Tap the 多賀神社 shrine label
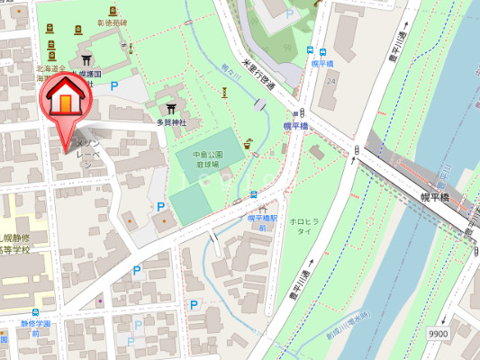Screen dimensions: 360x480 (x=169, y=121)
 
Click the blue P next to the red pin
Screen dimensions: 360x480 (x=113, y=85)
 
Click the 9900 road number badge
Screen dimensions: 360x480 (x=438, y=334)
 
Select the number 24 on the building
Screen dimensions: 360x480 (x=331, y=81)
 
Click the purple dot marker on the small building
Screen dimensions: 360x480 (x=100, y=299)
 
